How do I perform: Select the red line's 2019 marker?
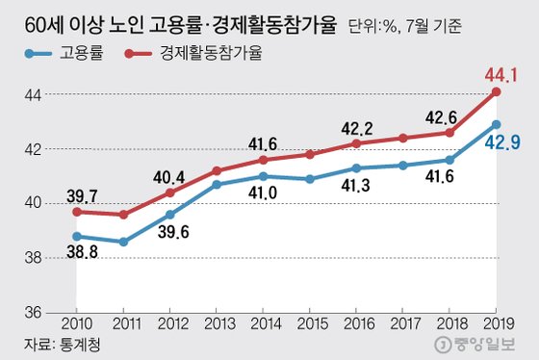(496, 91)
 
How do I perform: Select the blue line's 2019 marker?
(496, 124)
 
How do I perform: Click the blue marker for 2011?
(122, 242)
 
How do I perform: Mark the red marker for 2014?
(263, 160)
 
